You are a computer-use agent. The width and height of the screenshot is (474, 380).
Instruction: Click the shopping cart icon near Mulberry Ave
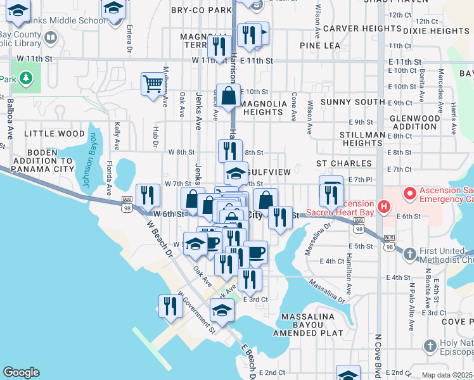click(153, 84)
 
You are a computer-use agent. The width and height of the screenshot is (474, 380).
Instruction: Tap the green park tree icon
click(25, 79)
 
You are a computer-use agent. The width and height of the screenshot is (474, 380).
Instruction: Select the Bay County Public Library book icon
click(50, 38)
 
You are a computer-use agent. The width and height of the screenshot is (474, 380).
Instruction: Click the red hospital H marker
click(383, 206)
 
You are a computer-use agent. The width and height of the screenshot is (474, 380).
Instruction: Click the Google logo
click(21, 372)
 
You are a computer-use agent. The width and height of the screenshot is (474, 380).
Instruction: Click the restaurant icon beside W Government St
click(170, 306)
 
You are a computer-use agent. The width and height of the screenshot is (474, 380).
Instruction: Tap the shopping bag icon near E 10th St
click(228, 96)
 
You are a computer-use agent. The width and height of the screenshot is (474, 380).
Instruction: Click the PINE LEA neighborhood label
click(320, 46)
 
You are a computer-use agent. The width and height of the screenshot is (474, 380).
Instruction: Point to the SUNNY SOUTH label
click(352, 102)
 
